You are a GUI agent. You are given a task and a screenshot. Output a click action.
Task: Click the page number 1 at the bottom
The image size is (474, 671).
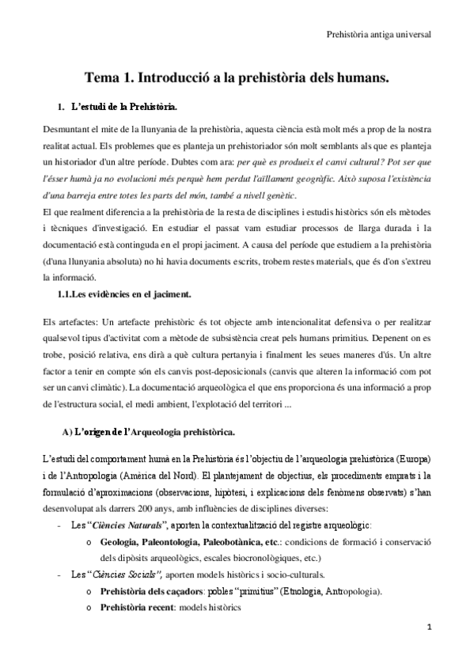[428, 648]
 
